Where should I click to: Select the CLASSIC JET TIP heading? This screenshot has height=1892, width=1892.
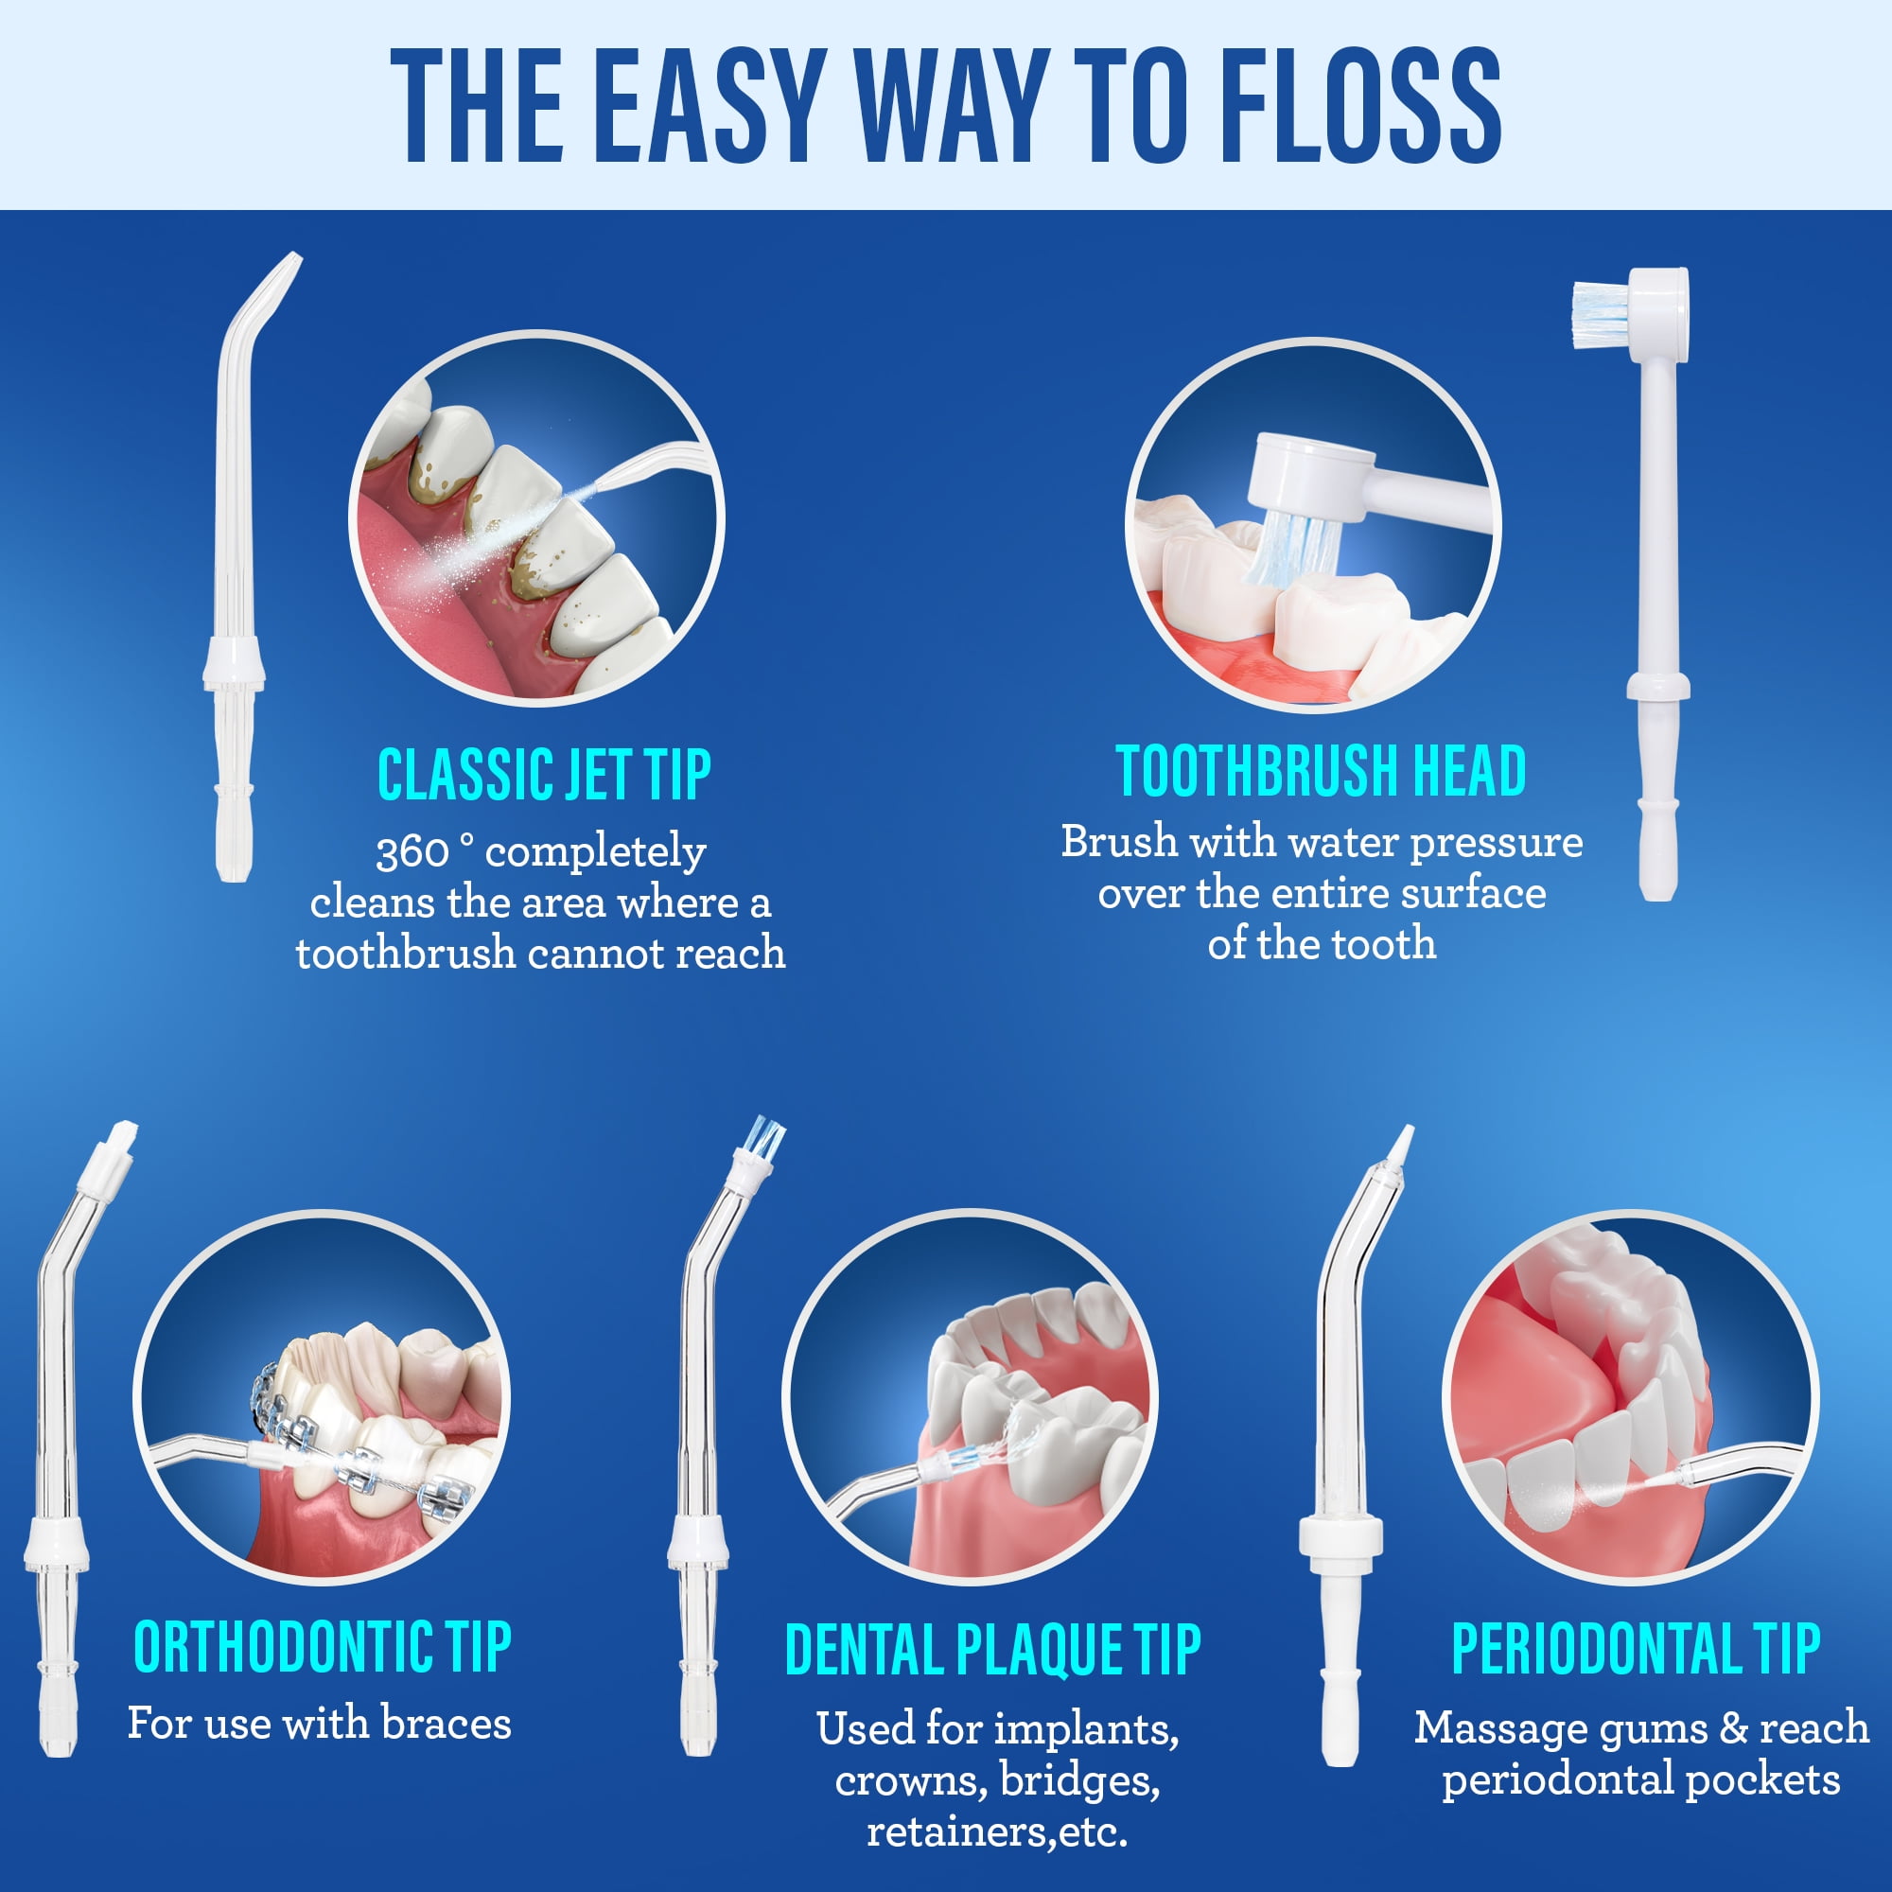[x=545, y=775]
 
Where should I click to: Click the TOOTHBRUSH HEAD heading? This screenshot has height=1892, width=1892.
[x=1321, y=771]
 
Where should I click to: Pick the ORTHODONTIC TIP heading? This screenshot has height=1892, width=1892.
[x=323, y=1647]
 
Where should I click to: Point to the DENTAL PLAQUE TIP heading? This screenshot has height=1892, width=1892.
[x=992, y=1651]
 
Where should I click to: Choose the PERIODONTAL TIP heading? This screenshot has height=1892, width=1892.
[x=1636, y=1649]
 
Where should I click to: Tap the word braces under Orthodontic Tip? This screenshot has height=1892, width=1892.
[x=446, y=1724]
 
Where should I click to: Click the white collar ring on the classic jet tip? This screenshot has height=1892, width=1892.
[x=234, y=664]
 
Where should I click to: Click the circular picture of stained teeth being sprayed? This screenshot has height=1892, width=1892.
[x=536, y=518]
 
